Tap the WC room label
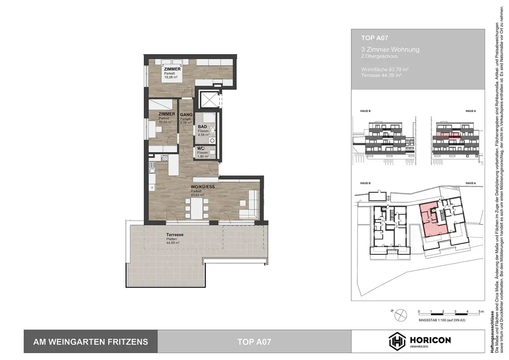pyautogui.click(x=200, y=149)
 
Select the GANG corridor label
pyautogui.click(x=186, y=114)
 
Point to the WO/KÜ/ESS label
pyautogui.click(x=202, y=187)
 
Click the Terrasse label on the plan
pyautogui.click(x=175, y=234)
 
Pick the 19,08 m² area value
pyautogui.click(x=171, y=77)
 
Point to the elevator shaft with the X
pyautogui.click(x=209, y=99)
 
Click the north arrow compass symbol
pyautogui.click(x=399, y=314)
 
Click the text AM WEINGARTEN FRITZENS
pyautogui.click(x=90, y=342)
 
